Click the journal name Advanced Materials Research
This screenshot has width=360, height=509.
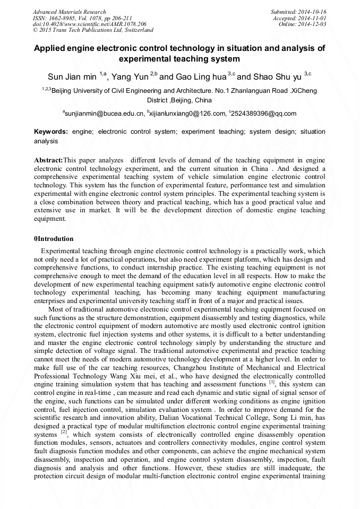coord(69,12)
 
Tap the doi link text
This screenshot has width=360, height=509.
coord(89,24)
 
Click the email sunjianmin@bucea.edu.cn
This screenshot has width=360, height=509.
coord(104,114)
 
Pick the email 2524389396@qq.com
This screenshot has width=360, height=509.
coord(264,114)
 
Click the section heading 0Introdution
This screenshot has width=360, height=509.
coord(54,239)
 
